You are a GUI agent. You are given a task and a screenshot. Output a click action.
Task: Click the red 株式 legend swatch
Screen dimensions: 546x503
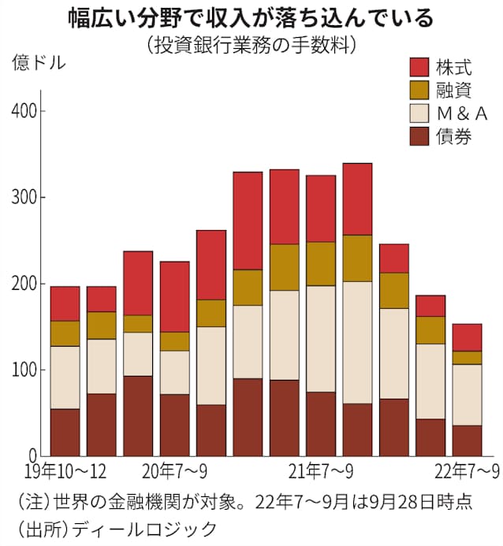pyautogui.click(x=418, y=67)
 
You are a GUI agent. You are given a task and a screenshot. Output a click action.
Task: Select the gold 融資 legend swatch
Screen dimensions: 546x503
pyautogui.click(x=418, y=91)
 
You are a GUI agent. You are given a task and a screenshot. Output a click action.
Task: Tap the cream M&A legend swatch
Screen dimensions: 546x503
pyautogui.click(x=418, y=113)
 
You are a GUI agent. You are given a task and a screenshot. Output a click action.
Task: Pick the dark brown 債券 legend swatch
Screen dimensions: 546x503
pyautogui.click(x=418, y=136)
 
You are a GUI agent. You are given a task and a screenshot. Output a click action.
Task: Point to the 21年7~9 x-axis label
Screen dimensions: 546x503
pyautogui.click(x=321, y=471)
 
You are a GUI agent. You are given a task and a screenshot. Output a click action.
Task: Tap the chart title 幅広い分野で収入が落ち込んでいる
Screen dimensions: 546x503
pyautogui.click(x=251, y=17)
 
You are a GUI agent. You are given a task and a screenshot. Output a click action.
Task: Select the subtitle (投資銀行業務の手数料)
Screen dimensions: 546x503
pyautogui.click(x=251, y=44)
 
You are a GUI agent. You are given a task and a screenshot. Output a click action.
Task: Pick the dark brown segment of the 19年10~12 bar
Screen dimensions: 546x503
pyautogui.click(x=65, y=432)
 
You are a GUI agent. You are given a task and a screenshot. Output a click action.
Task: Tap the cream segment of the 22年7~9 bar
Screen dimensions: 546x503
pyautogui.click(x=467, y=395)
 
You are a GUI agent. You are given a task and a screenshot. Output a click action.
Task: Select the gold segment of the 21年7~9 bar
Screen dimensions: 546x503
pyautogui.click(x=321, y=263)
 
